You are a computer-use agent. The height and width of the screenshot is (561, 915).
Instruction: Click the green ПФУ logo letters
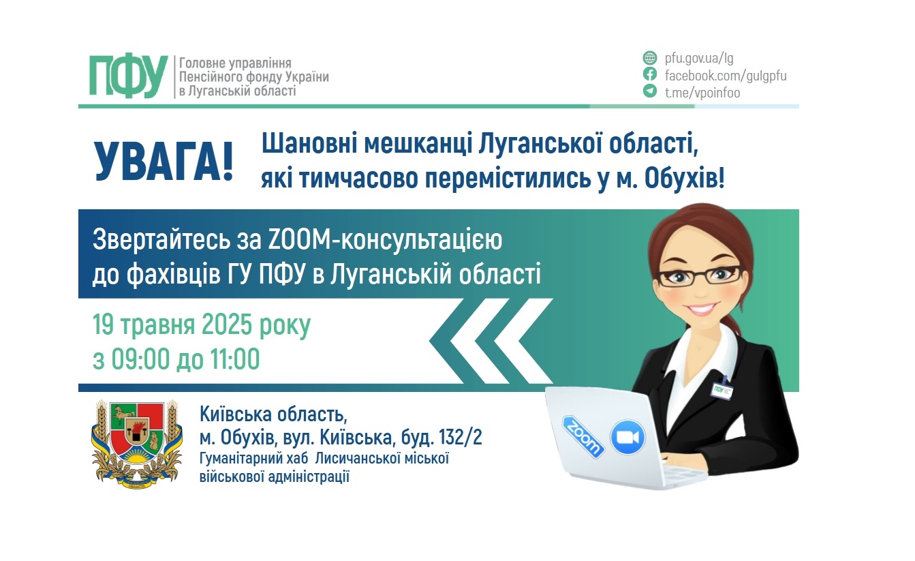[128, 76]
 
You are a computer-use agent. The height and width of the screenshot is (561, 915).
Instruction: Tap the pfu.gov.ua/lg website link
[699, 58]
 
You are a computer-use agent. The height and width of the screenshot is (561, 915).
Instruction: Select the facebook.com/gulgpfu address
[726, 76]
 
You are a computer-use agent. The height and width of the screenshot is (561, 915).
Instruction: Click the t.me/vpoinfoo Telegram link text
[702, 93]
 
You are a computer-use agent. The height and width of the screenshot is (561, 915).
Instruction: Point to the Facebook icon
[650, 75]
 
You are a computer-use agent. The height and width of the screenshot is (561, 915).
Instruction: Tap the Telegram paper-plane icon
[650, 92]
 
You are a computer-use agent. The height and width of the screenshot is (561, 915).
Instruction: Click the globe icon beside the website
[650, 58]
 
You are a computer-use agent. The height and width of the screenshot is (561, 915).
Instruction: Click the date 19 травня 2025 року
[202, 325]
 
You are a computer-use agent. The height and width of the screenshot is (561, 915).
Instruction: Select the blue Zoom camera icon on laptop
[627, 437]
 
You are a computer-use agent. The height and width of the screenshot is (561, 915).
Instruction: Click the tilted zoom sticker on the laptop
[582, 436]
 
